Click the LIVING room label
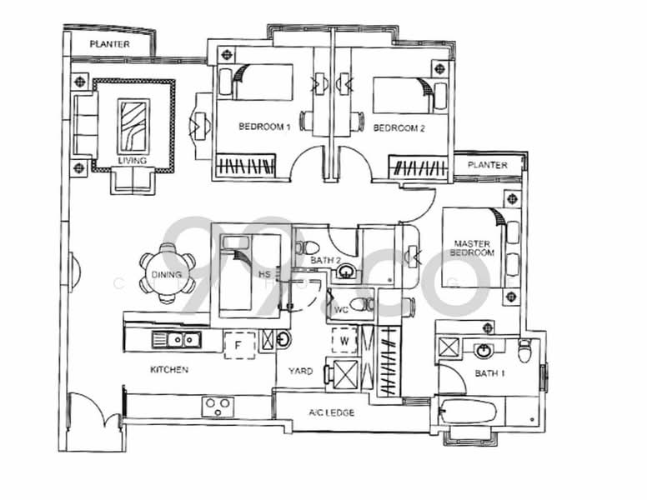132,160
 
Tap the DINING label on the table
167,276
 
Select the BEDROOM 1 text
264,127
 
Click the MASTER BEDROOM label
473,247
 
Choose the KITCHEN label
169,369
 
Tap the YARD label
300,371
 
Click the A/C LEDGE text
331,412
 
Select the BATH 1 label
489,373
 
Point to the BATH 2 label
325,261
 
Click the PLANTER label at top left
109,44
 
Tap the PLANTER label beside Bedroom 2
487,165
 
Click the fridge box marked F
239,342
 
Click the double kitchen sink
176,339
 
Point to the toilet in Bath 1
524,351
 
